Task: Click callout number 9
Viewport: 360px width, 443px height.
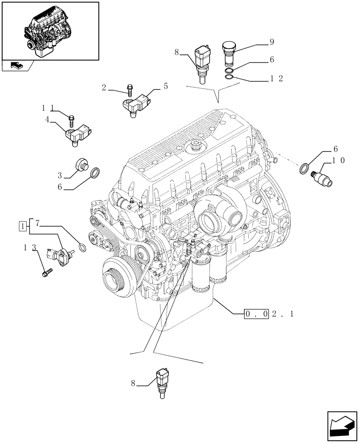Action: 271,42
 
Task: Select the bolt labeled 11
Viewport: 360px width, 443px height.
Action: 71,119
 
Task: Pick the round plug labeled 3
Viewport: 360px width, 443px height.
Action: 82,165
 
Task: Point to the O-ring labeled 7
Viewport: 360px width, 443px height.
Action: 82,246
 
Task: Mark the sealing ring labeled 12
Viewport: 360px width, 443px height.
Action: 229,78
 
